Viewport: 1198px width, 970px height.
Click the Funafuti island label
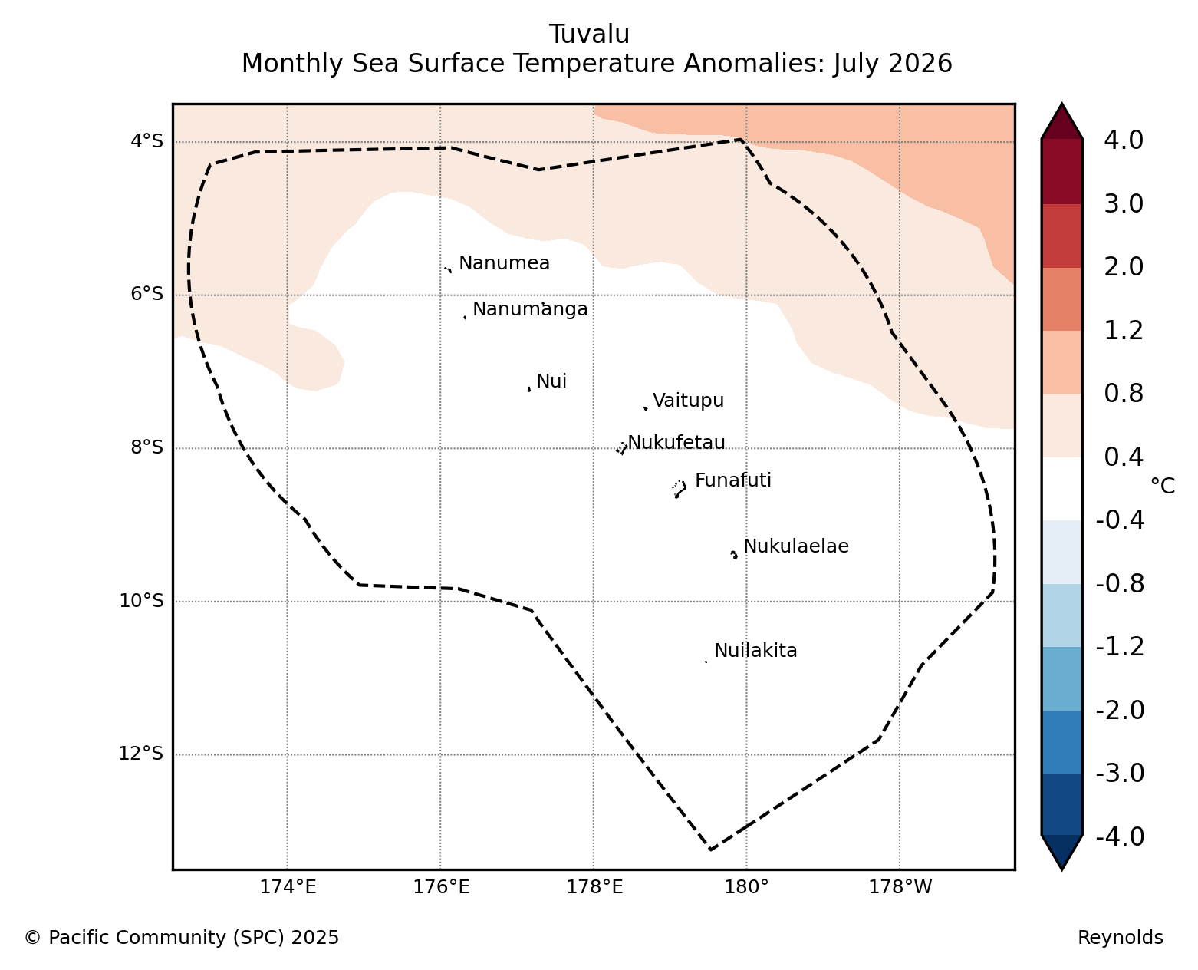(733, 480)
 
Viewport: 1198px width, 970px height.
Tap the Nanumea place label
(504, 262)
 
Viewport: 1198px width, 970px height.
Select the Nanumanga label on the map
(530, 309)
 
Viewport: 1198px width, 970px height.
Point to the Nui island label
(551, 381)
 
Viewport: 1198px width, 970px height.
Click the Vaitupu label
(688, 401)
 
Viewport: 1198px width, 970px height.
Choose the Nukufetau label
(676, 443)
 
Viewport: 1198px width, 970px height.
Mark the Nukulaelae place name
(796, 546)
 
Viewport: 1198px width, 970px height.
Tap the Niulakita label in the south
(755, 651)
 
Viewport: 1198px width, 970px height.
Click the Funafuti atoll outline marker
(679, 489)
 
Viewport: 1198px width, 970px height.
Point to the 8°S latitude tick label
(146, 447)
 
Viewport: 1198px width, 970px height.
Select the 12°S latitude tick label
(140, 754)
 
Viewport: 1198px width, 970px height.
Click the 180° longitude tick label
(745, 887)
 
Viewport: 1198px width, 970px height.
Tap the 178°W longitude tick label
(900, 887)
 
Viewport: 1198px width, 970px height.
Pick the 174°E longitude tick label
(288, 887)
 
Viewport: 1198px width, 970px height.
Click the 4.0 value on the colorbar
(1123, 140)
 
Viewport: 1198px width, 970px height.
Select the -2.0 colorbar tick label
(1120, 710)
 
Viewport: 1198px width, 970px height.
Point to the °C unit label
(1163, 486)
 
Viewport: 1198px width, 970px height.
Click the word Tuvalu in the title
(589, 35)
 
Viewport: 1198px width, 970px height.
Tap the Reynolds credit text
(1121, 937)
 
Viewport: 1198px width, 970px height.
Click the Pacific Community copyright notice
(182, 937)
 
